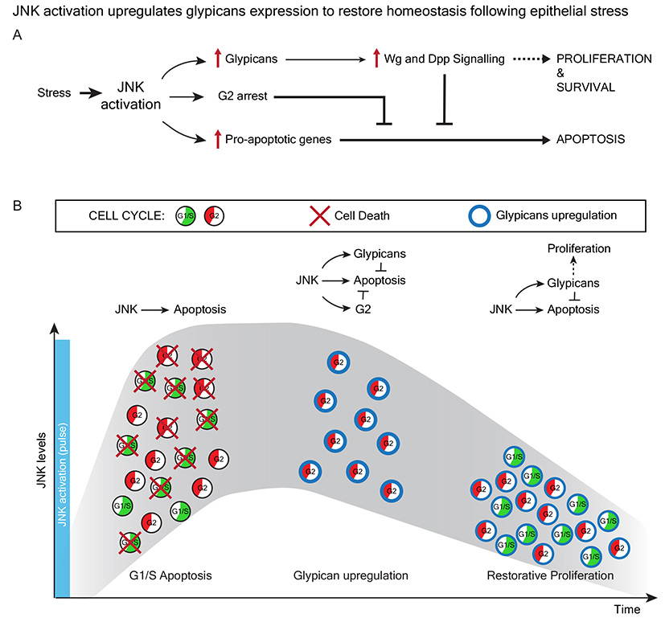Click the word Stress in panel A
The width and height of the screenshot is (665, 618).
54,92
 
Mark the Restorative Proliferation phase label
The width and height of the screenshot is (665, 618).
550,575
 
